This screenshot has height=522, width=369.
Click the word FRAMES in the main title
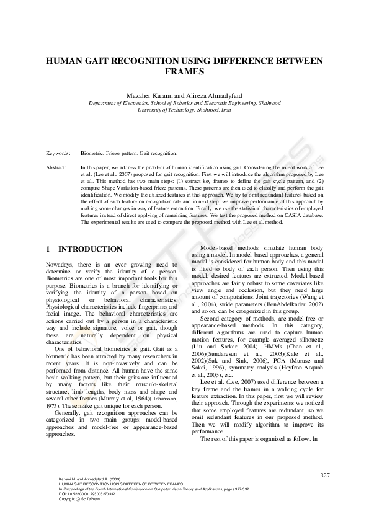coord(184,72)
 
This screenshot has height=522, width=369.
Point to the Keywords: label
coord(58,152)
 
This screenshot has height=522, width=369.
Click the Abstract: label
coord(57,168)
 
